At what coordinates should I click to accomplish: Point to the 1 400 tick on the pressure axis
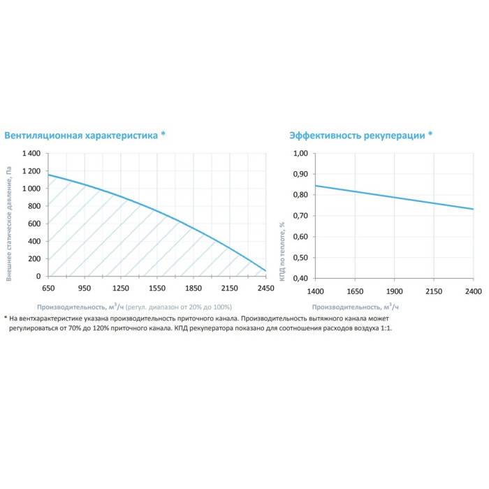pos(31,153)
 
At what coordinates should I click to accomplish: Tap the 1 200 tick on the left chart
pos(31,171)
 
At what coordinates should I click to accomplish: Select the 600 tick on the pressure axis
pos(35,224)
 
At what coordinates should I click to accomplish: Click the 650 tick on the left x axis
pos(48,288)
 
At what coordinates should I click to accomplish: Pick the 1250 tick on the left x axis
pos(121,288)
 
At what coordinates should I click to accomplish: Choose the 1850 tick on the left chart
pos(194,288)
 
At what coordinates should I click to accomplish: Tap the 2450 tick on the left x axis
pos(265,288)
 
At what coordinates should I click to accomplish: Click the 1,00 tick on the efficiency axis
pos(300,153)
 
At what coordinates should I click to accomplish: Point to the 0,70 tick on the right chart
pos(300,215)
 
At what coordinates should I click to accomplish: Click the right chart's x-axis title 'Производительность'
pos(346,307)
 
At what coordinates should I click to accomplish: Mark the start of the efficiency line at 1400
pos(316,186)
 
